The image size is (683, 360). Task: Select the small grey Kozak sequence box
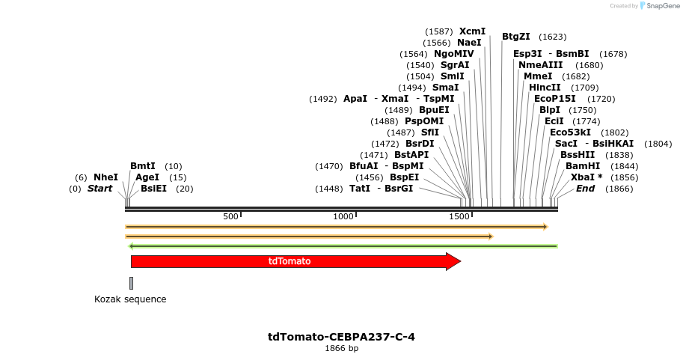131,283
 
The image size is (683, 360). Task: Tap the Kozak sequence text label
130,299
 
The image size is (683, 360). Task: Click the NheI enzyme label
105,177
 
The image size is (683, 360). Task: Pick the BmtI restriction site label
143,166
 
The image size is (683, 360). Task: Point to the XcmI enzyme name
472,31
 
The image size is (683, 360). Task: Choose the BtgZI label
516,37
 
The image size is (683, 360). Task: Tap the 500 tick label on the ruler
230,217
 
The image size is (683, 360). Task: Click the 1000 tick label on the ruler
343,217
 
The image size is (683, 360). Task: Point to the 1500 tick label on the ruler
459,217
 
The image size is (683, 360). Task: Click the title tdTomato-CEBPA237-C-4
341,337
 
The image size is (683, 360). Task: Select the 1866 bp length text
341,349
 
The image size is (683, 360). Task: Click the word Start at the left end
99,189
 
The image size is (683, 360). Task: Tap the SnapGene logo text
659,6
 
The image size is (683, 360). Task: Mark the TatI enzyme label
360,189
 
